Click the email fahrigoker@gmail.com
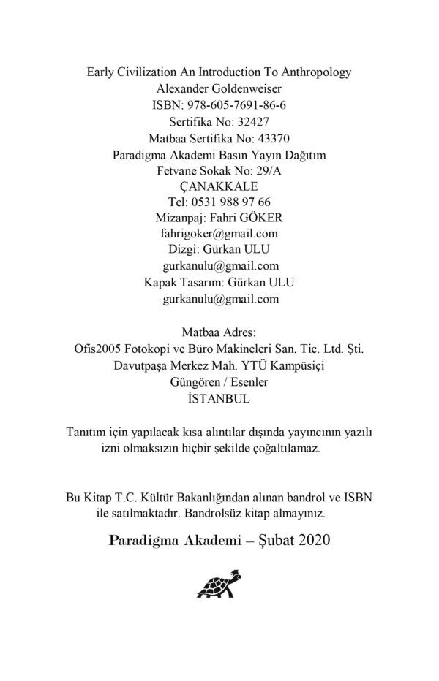pos(219,234)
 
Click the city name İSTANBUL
pos(219,398)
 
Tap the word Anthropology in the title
pos(317,72)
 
